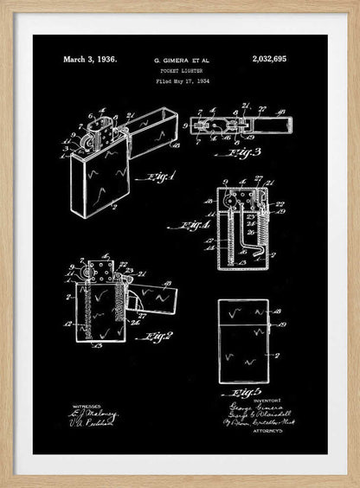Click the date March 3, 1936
coord(89,60)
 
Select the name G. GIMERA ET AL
coord(182,61)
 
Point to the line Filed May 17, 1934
coord(182,80)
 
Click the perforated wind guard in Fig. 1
coord(100,132)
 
